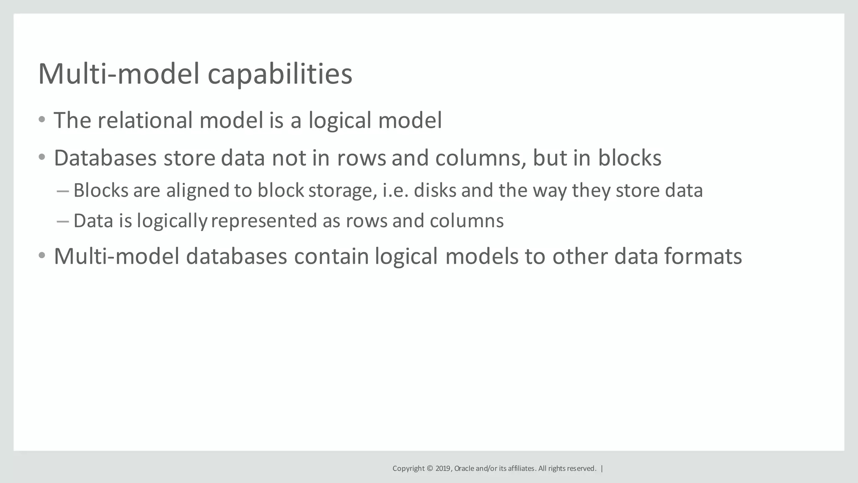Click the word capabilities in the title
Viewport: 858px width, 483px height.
click(x=279, y=74)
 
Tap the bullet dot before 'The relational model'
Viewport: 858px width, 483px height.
click(x=41, y=120)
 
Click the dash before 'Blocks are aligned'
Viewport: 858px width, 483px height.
click(x=62, y=191)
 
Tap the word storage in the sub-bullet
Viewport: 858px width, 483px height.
click(x=340, y=191)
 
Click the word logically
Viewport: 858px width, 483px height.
click(x=172, y=221)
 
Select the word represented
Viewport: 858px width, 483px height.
click(x=264, y=221)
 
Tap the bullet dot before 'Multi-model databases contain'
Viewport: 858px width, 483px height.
click(x=41, y=256)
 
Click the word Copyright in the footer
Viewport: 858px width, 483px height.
click(x=408, y=469)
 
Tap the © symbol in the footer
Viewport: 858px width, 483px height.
click(x=429, y=469)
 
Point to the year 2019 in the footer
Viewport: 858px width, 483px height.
click(x=442, y=469)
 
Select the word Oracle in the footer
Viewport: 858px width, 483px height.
click(x=464, y=469)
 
